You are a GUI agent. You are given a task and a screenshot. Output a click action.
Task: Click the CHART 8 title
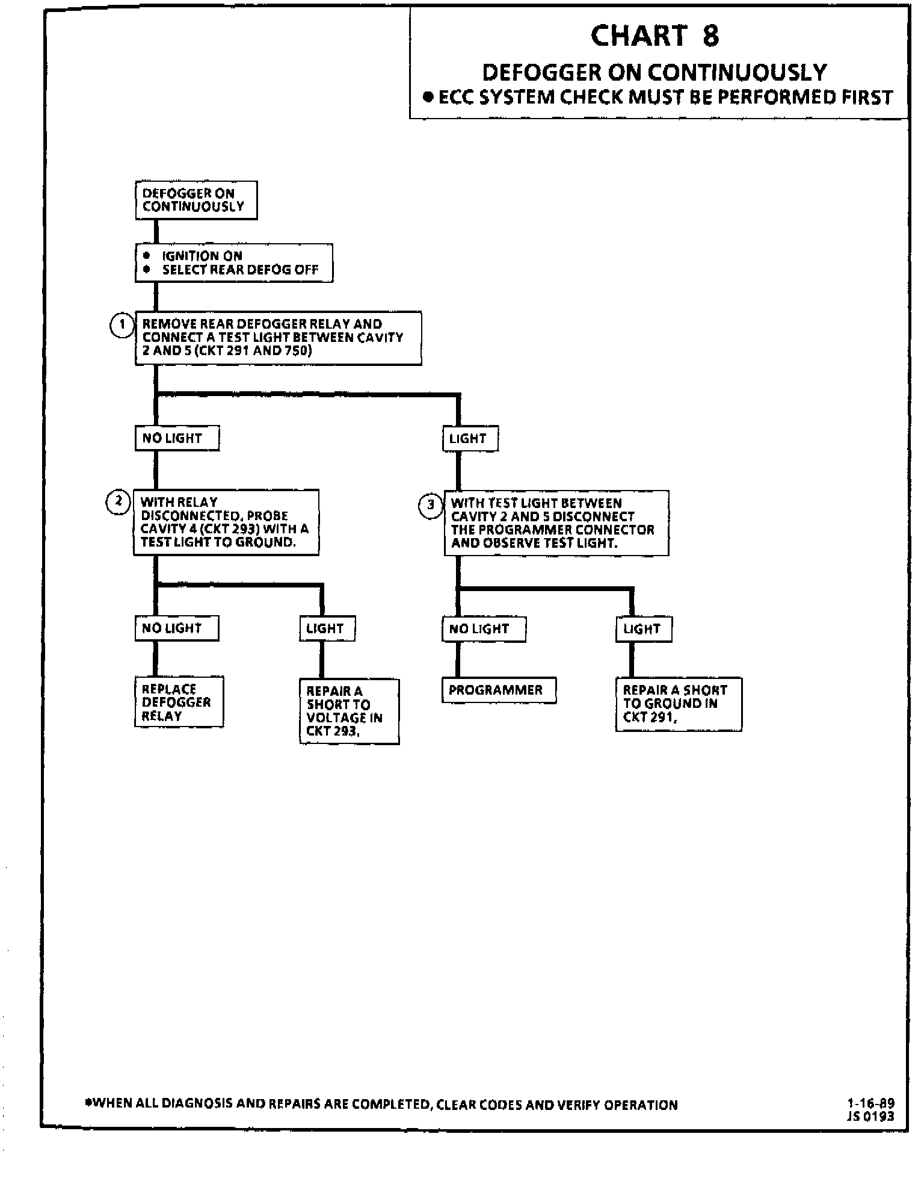pos(654,36)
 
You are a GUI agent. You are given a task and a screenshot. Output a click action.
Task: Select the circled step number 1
pos(122,325)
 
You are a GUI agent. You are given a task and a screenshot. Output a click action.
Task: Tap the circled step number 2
pos(119,502)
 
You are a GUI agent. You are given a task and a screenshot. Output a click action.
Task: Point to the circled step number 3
pos(430,506)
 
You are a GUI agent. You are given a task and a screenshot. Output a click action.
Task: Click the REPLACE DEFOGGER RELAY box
pos(179,702)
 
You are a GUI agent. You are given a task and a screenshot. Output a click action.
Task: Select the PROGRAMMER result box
pos(498,690)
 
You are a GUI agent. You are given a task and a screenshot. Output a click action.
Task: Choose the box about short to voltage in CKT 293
pos(349,711)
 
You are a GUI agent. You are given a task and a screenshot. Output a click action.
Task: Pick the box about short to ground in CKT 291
pos(678,704)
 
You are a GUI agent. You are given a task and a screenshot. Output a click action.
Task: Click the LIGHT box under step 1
pos(470,439)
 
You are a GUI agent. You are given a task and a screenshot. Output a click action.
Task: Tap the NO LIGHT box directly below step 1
pos(176,438)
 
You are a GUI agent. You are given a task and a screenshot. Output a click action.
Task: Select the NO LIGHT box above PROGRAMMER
pos(483,629)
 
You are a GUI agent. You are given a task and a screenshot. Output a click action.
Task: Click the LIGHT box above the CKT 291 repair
pos(643,630)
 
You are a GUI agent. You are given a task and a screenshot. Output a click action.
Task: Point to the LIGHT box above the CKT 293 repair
pos(327,628)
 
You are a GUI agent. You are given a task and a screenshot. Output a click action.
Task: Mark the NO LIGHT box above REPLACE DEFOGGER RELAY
pos(176,628)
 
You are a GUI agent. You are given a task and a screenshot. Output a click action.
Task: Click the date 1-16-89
pos(870,1103)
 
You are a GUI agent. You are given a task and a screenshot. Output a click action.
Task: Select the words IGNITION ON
pos(202,256)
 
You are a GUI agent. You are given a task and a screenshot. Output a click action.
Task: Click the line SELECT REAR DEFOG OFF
pos(240,270)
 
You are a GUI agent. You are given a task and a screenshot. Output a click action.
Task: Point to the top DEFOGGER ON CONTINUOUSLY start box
pos(196,200)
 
